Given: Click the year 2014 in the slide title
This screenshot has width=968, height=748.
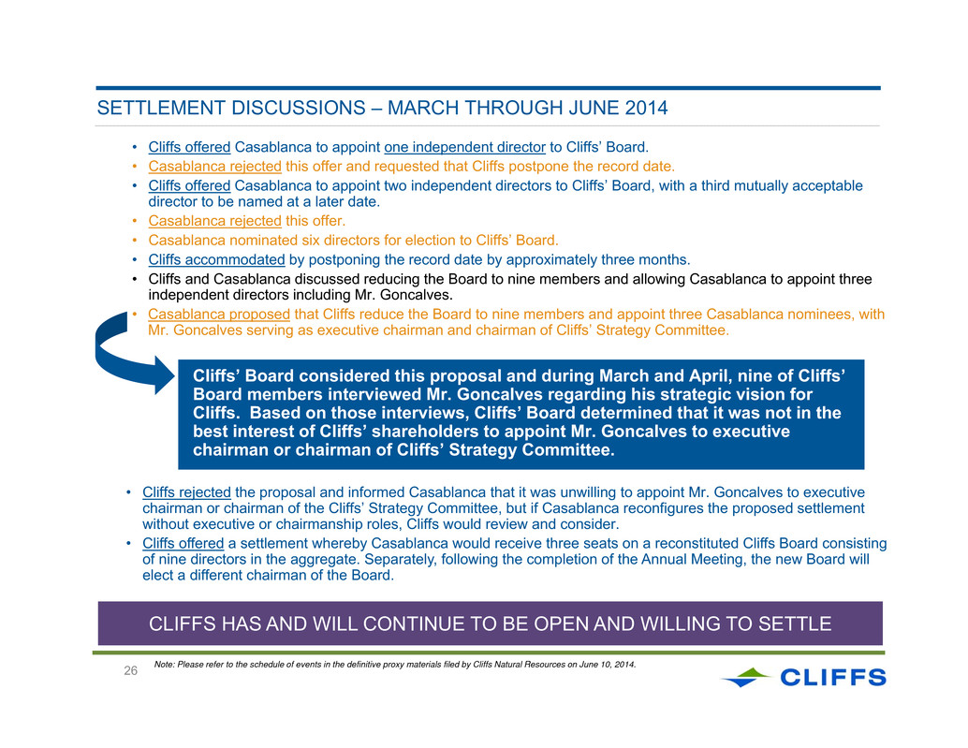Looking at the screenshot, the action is [x=646, y=108].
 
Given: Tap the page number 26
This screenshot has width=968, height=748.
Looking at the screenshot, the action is [x=130, y=671].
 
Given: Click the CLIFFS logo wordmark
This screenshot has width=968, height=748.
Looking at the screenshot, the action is [x=833, y=678].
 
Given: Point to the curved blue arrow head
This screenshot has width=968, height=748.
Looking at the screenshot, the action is [x=164, y=374].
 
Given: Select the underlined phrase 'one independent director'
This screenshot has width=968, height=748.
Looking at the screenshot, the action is [x=465, y=147].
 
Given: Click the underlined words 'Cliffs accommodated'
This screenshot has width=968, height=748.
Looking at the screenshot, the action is [x=216, y=260].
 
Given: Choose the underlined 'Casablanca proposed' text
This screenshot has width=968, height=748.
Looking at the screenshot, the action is [x=219, y=315].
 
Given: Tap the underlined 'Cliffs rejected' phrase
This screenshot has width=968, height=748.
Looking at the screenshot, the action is [x=186, y=492].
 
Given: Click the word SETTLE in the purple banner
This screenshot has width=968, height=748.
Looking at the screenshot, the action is [x=795, y=623].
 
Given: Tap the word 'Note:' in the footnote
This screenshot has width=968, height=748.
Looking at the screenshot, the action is [x=164, y=665].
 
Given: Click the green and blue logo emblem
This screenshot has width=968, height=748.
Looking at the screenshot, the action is [x=746, y=677].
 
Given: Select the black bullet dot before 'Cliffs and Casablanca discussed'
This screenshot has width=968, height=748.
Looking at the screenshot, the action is [x=134, y=280].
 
